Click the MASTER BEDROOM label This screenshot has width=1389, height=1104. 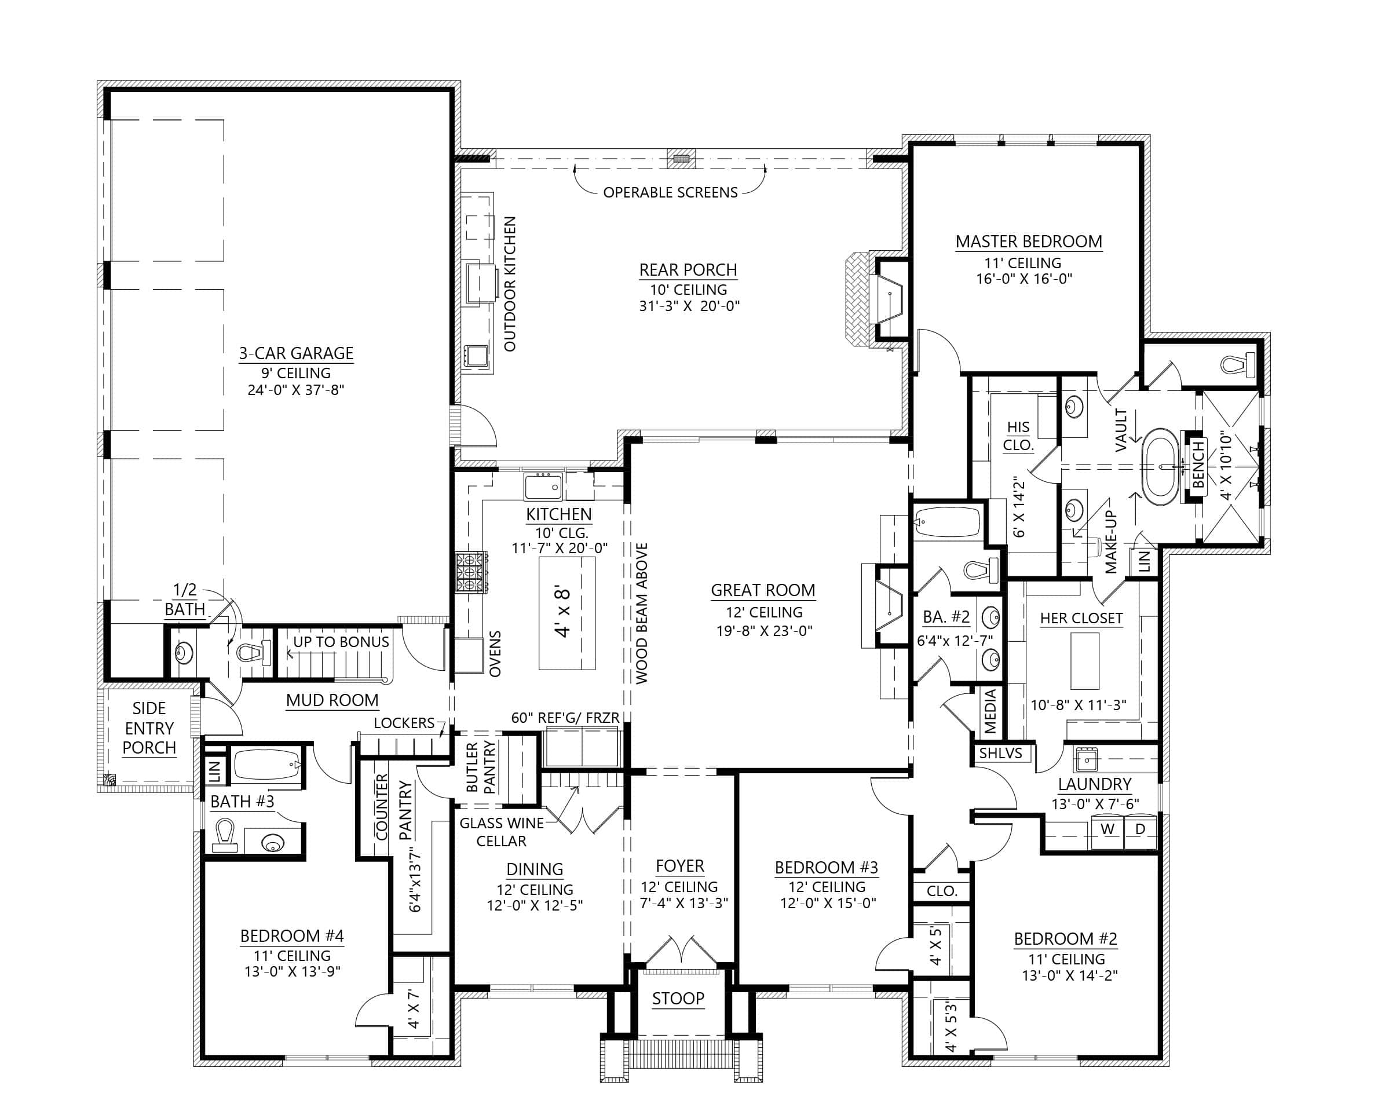coord(1028,242)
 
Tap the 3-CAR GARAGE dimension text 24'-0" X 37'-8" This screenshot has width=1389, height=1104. coord(296,390)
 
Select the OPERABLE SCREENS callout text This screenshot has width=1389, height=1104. coord(670,192)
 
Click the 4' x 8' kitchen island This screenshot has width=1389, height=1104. coord(566,613)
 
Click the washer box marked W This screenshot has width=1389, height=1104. coord(1107,829)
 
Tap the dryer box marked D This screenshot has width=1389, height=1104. coord(1140,829)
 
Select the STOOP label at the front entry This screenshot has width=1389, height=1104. coord(678,999)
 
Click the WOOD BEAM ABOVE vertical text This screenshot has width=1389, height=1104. coord(642,613)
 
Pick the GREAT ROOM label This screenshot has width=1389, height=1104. coord(763,590)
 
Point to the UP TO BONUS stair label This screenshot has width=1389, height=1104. coord(341,642)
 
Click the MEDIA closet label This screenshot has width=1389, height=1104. coord(990,711)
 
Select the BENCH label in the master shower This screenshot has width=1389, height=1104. coord(1198,465)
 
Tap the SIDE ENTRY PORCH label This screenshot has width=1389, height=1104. coord(149,728)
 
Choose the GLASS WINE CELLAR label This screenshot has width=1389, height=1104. coord(501,832)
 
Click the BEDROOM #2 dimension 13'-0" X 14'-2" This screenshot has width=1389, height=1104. coord(1069,976)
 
